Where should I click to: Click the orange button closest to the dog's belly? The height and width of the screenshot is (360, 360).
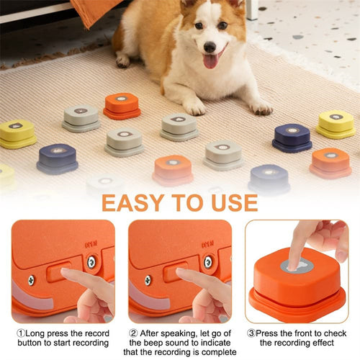(x=122, y=105)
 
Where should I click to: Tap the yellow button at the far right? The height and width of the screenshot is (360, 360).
(x=336, y=124)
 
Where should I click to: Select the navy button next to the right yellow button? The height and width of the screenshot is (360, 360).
(x=292, y=137)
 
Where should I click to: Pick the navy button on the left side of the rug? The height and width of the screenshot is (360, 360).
(x=58, y=158)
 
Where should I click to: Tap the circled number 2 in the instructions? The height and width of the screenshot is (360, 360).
(x=133, y=333)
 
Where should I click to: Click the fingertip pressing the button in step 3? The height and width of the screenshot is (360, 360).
(x=297, y=258)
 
